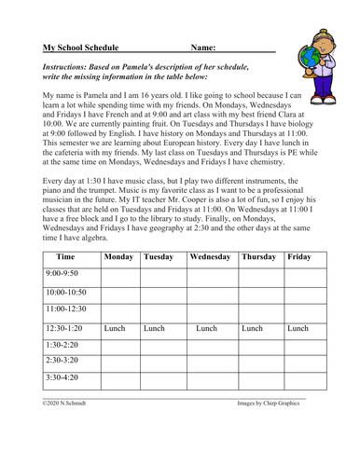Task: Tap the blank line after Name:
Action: (x=247, y=47)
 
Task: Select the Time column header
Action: (x=67, y=255)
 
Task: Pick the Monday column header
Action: (x=118, y=255)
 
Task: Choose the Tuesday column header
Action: (x=160, y=255)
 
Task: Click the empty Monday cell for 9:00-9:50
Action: (x=119, y=278)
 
